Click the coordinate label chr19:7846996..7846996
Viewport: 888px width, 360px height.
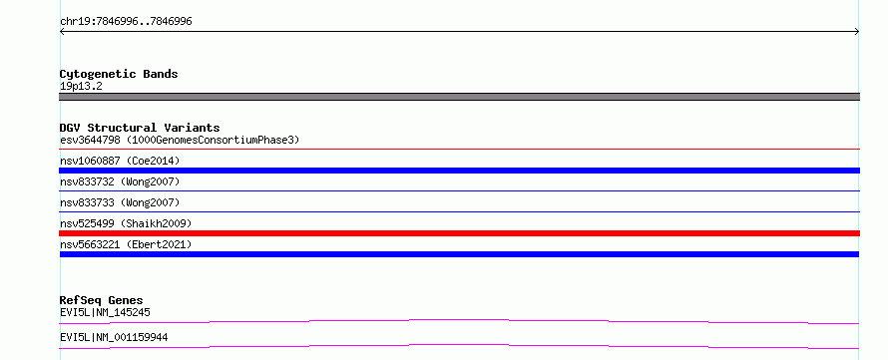tap(126, 22)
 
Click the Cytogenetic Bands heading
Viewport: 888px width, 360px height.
tap(119, 74)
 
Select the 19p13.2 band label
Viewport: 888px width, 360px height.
tap(81, 87)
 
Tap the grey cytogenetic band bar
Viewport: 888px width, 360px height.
tap(459, 97)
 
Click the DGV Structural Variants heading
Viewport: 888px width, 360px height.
tap(140, 128)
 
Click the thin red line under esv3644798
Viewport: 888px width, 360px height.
tap(459, 150)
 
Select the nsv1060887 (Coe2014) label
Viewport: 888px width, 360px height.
tap(120, 161)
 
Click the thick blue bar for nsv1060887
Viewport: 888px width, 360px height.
tap(459, 171)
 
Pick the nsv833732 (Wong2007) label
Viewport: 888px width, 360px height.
tap(120, 181)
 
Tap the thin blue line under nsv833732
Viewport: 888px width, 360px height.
tap(459, 191)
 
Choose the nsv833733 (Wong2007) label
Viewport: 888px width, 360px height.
tap(120, 202)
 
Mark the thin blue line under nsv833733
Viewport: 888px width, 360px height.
tap(459, 212)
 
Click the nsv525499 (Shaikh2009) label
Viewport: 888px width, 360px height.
tap(126, 223)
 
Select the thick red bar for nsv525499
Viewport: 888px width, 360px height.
tap(459, 233)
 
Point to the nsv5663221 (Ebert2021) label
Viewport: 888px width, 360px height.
tap(126, 244)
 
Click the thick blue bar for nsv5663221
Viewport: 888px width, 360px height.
tap(459, 254)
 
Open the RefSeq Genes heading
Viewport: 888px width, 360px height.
tap(102, 300)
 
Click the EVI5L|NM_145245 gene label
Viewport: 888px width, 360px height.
tap(105, 312)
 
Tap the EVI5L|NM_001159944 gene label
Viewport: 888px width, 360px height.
tap(114, 338)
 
